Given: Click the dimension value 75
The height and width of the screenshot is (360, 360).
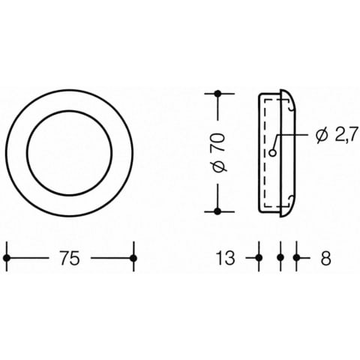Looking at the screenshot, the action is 70,258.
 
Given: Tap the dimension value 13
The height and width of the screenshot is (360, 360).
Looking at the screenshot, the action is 226,258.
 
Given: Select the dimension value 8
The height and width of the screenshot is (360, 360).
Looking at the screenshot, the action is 326,258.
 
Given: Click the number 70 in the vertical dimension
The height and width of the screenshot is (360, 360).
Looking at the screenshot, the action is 218,142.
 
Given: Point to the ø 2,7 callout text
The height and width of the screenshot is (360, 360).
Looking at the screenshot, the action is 335,135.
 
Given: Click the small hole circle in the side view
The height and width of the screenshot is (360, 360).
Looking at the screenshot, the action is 273,153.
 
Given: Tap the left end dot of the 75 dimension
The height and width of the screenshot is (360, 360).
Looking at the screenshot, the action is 7,258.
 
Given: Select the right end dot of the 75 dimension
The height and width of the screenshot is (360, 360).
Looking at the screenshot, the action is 133,258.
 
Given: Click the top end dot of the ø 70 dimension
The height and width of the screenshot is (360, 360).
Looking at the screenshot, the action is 217,94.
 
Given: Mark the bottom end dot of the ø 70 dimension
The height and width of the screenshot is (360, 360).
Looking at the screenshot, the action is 217,211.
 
